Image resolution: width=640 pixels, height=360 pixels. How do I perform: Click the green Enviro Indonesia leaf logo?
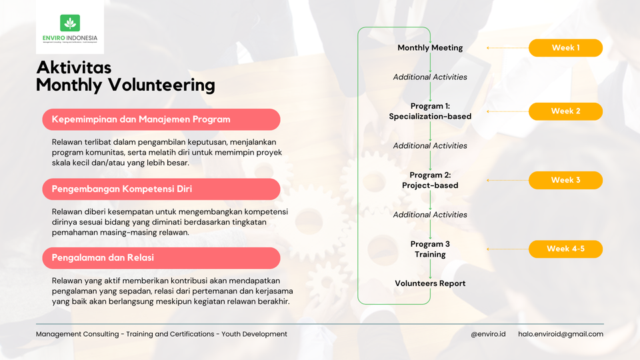pyautogui.click(x=69, y=23)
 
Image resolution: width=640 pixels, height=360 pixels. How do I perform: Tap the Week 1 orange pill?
pyautogui.click(x=565, y=48)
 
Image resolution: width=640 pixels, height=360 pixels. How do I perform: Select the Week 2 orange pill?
pyautogui.click(x=565, y=111)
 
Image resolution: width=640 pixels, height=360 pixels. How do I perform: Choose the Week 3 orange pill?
pyautogui.click(x=565, y=180)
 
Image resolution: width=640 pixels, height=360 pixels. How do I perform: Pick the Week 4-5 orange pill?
pyautogui.click(x=565, y=249)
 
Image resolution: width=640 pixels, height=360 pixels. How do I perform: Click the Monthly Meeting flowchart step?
pyautogui.click(x=430, y=48)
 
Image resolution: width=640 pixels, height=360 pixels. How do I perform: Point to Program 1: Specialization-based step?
pyautogui.click(x=430, y=111)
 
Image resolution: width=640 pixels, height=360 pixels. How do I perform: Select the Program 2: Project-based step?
pyautogui.click(x=430, y=180)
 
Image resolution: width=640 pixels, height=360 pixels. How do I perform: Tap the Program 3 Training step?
pyautogui.click(x=430, y=249)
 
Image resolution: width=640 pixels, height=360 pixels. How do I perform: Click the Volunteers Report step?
pyautogui.click(x=430, y=283)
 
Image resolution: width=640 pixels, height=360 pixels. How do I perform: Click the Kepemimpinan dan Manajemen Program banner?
pyautogui.click(x=161, y=120)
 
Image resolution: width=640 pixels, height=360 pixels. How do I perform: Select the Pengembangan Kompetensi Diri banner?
pyautogui.click(x=161, y=189)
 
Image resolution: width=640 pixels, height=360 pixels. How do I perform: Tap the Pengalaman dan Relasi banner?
pyautogui.click(x=161, y=257)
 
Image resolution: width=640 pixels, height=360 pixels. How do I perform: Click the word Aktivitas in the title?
pyautogui.click(x=73, y=67)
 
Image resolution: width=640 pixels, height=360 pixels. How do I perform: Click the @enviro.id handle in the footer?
pyautogui.click(x=488, y=334)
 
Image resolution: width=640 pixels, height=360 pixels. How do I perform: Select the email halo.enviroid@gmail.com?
pyautogui.click(x=560, y=334)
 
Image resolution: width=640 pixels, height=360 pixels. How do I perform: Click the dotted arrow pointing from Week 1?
pyautogui.click(x=507, y=48)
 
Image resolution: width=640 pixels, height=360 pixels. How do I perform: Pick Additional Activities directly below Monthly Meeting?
pyautogui.click(x=430, y=77)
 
